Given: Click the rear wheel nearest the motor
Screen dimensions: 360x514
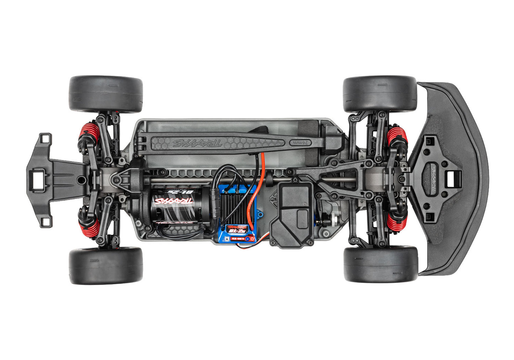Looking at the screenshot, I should click(x=106, y=265).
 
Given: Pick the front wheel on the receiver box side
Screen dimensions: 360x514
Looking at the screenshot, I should click(x=380, y=264).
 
